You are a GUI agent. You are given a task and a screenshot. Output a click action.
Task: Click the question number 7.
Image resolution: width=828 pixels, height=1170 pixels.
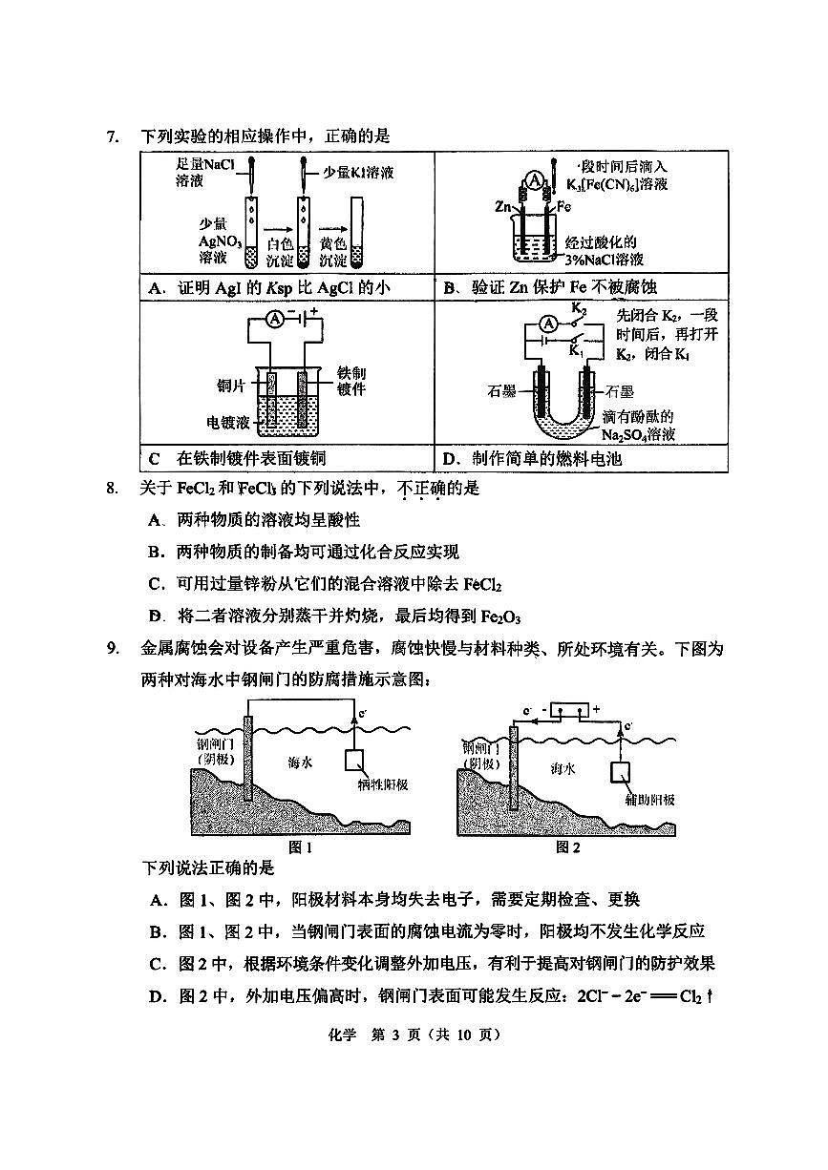[x=112, y=136]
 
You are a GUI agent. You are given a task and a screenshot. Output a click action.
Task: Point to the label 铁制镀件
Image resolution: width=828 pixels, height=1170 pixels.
[x=351, y=381]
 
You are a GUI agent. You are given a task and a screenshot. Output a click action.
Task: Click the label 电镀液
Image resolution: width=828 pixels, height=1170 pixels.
[x=229, y=421]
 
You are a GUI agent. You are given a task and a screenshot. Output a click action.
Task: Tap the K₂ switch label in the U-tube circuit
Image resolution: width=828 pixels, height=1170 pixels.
[x=579, y=309]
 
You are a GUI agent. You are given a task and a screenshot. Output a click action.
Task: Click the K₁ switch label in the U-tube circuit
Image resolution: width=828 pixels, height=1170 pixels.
[x=576, y=351]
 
